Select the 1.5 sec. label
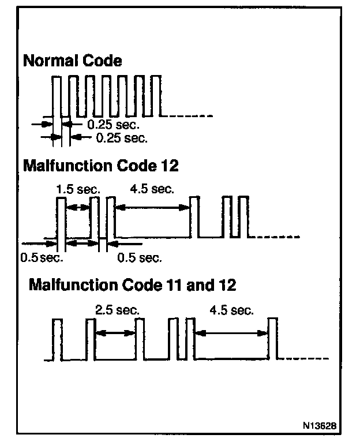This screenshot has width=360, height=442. click(78, 189)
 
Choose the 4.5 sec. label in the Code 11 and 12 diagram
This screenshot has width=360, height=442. click(232, 310)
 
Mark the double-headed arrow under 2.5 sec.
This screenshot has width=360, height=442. click(115, 332)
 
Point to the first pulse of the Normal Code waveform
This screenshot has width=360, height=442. click(57, 95)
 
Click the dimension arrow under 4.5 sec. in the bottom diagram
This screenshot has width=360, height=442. click(232, 332)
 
